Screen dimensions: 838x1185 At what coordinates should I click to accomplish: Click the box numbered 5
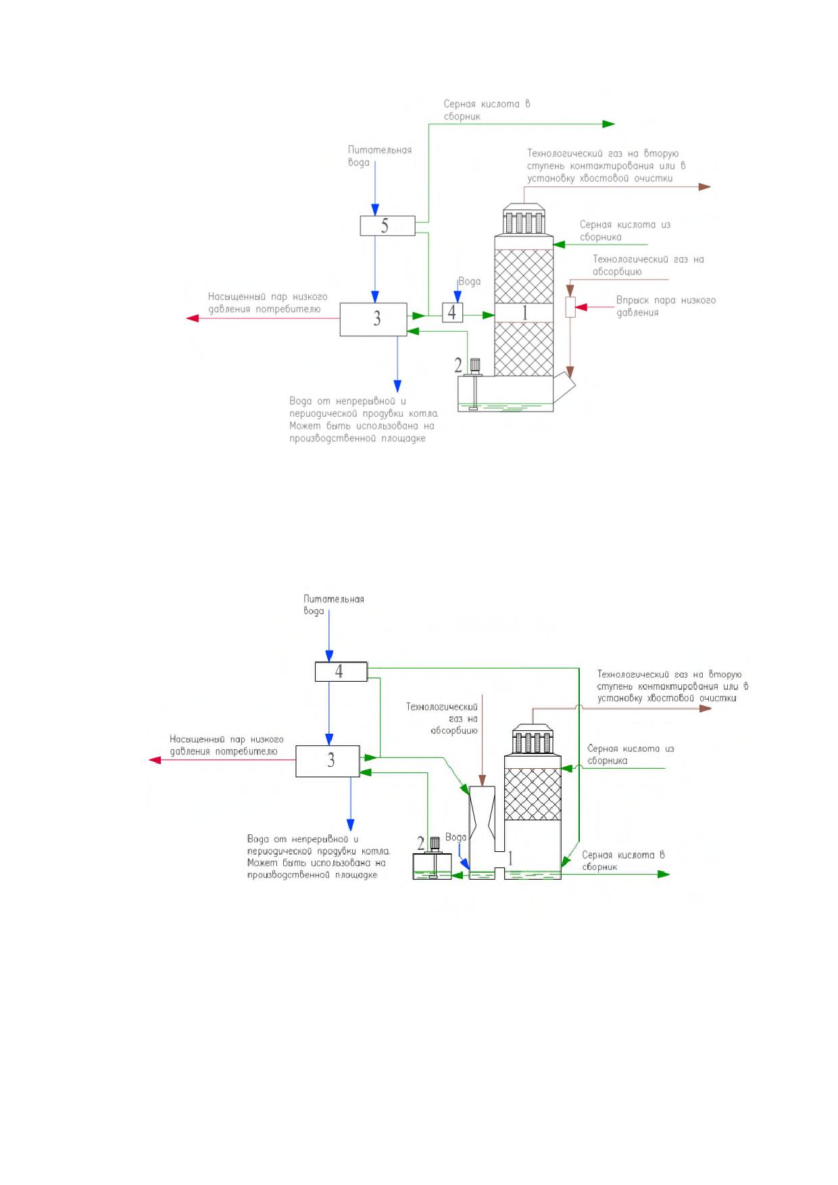(x=387, y=226)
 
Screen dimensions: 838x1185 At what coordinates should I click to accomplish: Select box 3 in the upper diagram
(x=373, y=319)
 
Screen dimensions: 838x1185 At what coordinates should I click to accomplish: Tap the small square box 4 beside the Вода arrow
(x=452, y=313)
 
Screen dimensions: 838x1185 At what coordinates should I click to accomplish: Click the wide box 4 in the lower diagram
(x=341, y=672)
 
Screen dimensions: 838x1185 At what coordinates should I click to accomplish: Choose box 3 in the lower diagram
(x=328, y=761)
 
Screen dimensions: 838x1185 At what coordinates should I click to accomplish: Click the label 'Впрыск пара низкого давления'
(x=666, y=306)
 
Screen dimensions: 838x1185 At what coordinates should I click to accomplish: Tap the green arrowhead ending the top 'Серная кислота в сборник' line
(x=608, y=124)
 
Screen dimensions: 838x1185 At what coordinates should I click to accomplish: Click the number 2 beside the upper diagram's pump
(x=458, y=365)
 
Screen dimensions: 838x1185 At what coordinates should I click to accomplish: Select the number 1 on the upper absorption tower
(x=524, y=312)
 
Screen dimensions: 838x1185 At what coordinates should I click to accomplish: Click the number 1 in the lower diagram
(x=510, y=858)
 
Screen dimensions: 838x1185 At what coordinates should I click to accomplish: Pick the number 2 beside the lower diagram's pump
(x=420, y=843)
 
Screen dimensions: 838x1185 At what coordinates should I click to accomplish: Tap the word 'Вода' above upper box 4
(x=470, y=281)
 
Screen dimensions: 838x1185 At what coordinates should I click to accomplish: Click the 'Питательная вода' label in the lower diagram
(x=334, y=605)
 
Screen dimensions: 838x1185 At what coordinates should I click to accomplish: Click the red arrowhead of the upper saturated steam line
(x=193, y=318)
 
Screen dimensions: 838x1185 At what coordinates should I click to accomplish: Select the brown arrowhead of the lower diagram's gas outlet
(x=706, y=708)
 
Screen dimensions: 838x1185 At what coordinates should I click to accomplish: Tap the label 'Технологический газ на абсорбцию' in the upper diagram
(x=648, y=266)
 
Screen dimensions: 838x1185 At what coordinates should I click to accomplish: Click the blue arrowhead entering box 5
(x=375, y=209)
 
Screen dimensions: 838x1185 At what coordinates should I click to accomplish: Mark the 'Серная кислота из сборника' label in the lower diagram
(x=631, y=755)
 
